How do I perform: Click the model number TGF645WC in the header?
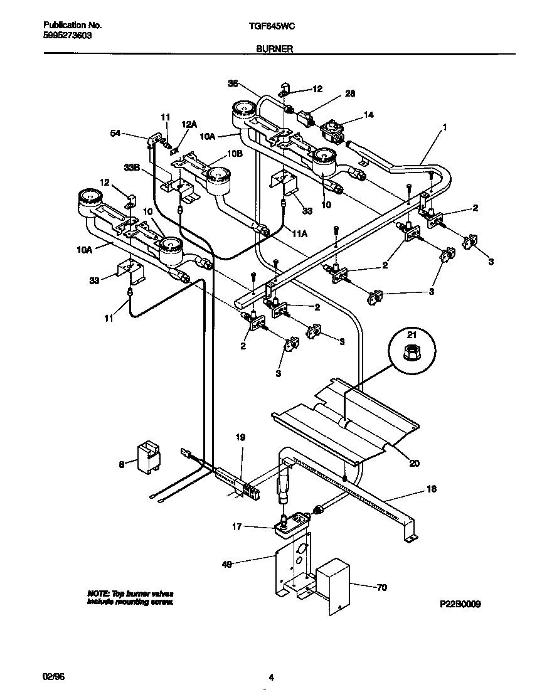point(270,26)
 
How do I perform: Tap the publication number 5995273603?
point(67,36)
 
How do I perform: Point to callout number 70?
point(381,588)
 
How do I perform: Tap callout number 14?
point(368,115)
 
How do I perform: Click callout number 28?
point(350,94)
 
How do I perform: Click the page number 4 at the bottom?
point(271,676)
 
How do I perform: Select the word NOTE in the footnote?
point(98,594)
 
